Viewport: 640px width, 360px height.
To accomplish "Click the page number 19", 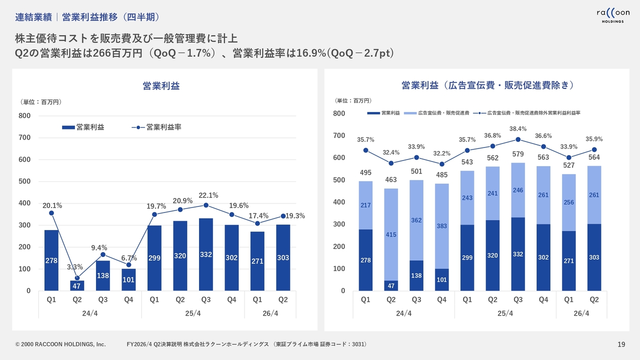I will pos(621,344).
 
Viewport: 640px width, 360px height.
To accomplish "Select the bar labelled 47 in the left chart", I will pos(77,285).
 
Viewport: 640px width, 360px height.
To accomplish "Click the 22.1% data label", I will pos(208,195).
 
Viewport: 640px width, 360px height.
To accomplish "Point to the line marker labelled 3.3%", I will pos(77,278).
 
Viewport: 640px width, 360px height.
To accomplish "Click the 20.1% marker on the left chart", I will pos(51,213).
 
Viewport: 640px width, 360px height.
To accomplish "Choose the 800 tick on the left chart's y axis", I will pos(25,116).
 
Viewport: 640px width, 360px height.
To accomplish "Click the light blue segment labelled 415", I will pos(391,234).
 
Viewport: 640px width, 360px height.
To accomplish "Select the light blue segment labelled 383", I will pos(442,226).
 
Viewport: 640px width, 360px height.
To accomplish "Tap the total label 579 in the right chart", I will pos(518,154).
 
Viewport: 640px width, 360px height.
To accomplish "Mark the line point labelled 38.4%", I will pos(518,139).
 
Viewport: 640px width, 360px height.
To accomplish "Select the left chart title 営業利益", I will pos(161,86).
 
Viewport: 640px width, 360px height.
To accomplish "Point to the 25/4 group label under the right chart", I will pos(505,313).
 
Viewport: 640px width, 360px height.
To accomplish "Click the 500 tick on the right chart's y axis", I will pos(339,180).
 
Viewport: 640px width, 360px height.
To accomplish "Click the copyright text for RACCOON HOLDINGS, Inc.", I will pos(60,344).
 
